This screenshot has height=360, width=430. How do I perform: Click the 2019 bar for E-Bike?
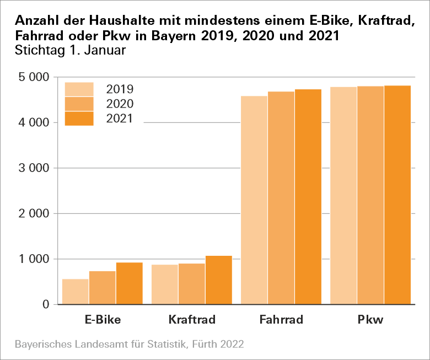point(76,292)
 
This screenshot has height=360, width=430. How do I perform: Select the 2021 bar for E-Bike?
point(130,283)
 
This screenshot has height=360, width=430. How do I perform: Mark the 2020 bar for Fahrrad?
point(281,198)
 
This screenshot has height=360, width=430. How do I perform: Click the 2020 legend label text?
point(120,104)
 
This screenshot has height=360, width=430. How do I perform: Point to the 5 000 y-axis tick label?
point(35,77)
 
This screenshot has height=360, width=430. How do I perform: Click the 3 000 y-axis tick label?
point(35,168)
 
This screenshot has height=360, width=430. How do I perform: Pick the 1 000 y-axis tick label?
point(35,259)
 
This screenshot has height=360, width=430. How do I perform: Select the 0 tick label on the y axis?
point(46,305)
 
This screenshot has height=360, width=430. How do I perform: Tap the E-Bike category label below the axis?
point(103,320)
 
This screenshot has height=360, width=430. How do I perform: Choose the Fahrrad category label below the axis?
point(281,320)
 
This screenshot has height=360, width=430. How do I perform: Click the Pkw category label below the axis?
point(370,320)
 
